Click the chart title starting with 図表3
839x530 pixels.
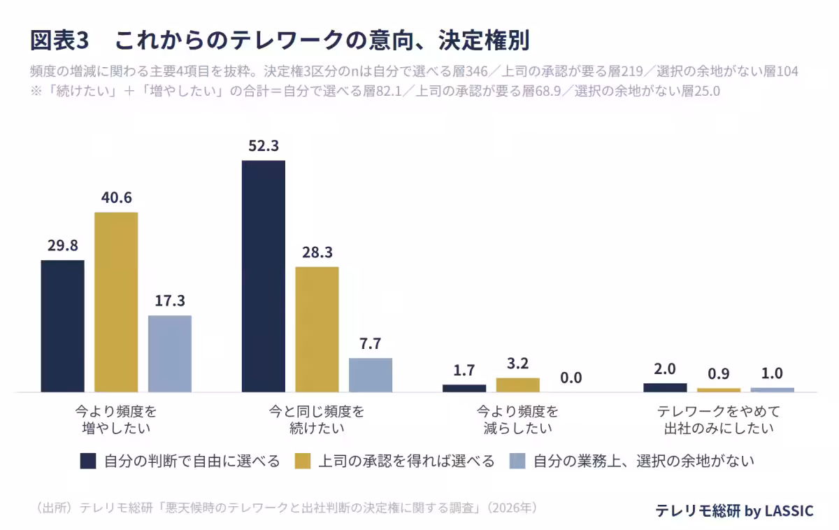pyautogui.click(x=280, y=40)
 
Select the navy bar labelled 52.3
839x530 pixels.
pyautogui.click(x=264, y=276)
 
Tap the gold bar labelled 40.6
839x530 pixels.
pyautogui.click(x=116, y=302)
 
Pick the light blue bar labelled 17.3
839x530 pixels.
pyautogui.click(x=170, y=354)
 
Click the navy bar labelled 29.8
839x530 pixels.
pyautogui.click(x=62, y=327)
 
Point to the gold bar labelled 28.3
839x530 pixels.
pyautogui.click(x=317, y=329)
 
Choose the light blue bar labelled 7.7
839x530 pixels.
pyautogui.click(x=371, y=375)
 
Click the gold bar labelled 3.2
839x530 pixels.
pyautogui.click(x=517, y=385)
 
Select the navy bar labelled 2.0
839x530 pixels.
pyautogui.click(x=665, y=387)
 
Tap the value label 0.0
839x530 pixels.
pyautogui.click(x=571, y=378)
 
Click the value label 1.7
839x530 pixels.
pyautogui.click(x=464, y=371)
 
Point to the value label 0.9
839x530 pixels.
pyautogui.click(x=719, y=374)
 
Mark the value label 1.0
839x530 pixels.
pyautogui.click(x=772, y=373)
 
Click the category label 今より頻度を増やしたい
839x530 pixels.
pyautogui.click(x=116, y=420)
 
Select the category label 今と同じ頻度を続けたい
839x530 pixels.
pyautogui.click(x=317, y=420)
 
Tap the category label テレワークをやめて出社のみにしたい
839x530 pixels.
pyautogui.click(x=719, y=420)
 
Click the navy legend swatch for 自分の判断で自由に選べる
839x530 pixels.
pyautogui.click(x=88, y=461)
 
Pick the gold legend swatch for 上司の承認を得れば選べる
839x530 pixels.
pyautogui.click(x=303, y=461)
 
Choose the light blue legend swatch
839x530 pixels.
pyautogui.click(x=517, y=461)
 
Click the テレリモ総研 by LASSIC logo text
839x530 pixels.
pyautogui.click(x=735, y=510)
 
